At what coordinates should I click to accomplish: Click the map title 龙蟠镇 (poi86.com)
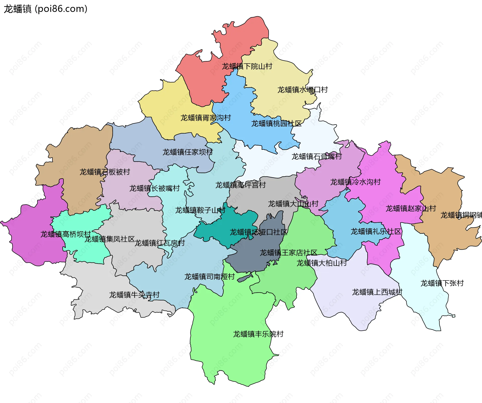click(x=45, y=9)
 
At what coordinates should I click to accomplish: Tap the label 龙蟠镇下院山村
click(x=247, y=67)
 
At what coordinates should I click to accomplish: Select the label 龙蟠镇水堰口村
click(x=302, y=90)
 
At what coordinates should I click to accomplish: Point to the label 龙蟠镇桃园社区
click(x=276, y=124)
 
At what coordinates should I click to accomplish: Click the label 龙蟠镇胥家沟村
click(x=205, y=118)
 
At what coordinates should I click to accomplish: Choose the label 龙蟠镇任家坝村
click(x=187, y=152)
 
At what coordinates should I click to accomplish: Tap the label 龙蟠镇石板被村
click(x=104, y=172)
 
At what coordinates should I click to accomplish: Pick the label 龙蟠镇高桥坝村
click(x=66, y=234)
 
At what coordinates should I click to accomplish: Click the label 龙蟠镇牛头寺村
click(x=134, y=295)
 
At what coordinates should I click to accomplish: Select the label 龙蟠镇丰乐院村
click(x=258, y=334)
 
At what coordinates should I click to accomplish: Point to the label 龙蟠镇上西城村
click(x=377, y=292)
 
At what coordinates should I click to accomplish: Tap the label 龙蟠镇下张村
click(x=442, y=283)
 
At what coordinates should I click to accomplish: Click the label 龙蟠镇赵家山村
click(x=410, y=208)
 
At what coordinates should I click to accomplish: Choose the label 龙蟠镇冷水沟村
click(x=355, y=182)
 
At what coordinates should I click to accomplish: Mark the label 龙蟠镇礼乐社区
click(x=376, y=232)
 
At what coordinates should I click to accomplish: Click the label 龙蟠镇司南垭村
click(x=209, y=277)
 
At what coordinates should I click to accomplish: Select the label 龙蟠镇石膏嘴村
click(x=316, y=157)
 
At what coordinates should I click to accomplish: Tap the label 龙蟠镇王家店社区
click(x=288, y=253)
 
